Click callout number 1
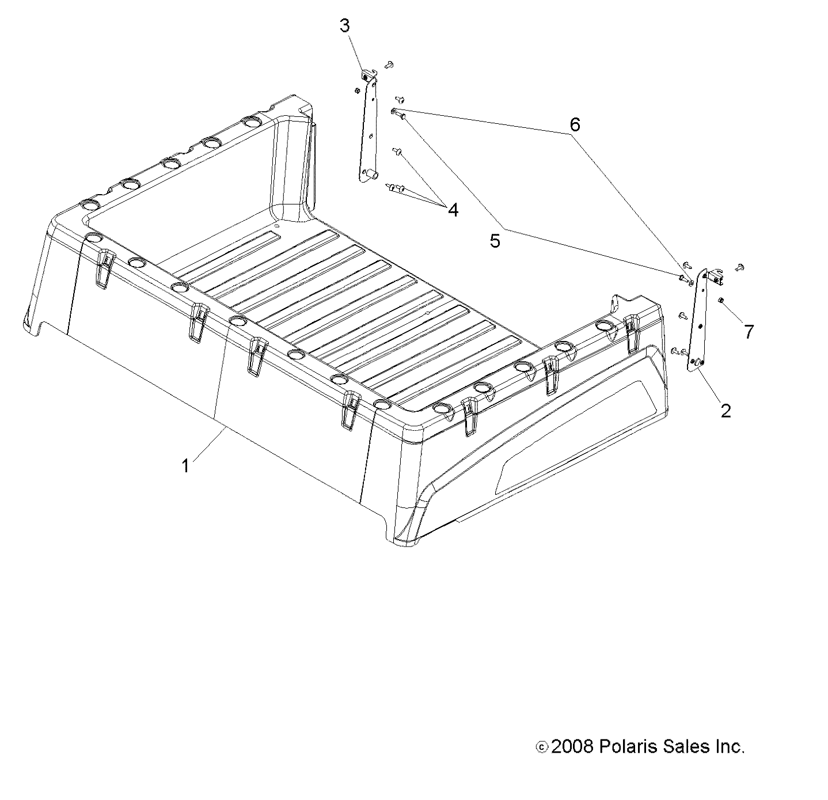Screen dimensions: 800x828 pyautogui.click(x=185, y=465)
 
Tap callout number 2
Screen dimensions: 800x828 pyautogui.click(x=726, y=411)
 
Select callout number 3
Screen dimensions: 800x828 pyautogui.click(x=344, y=26)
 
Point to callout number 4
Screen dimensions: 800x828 pyautogui.click(x=453, y=210)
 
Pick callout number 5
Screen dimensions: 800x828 pyautogui.click(x=495, y=241)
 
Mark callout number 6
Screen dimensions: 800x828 pyautogui.click(x=574, y=124)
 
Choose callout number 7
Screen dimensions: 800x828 pyautogui.click(x=748, y=332)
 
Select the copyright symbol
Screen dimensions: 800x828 pyautogui.click(x=541, y=748)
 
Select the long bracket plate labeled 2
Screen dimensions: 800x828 pyautogui.click(x=698, y=323)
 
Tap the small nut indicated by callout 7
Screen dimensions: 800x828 pyautogui.click(x=720, y=300)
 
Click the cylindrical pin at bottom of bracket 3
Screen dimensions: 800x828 pyautogui.click(x=371, y=173)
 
